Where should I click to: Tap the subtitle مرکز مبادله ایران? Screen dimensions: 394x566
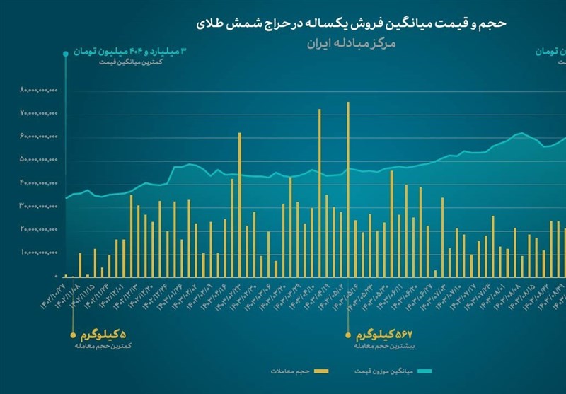click(352, 42)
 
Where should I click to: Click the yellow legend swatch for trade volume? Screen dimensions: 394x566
click(323, 371)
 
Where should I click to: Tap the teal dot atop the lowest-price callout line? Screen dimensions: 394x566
click(66, 52)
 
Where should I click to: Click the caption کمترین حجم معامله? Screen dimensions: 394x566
click(103, 347)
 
